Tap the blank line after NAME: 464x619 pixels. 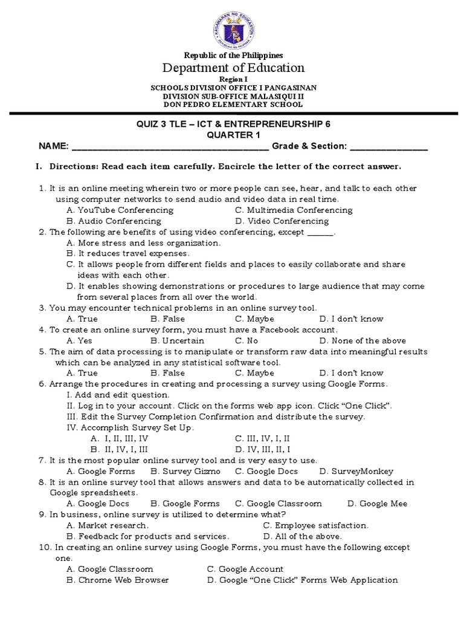point(170,146)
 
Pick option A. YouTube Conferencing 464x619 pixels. point(120,210)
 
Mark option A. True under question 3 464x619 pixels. point(82,319)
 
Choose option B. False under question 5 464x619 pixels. point(168,374)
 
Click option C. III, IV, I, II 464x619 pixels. point(263,439)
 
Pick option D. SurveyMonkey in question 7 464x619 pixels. point(356,472)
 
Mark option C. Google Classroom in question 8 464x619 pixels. point(279,504)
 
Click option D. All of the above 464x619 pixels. point(303,537)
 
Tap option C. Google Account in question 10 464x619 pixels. point(245,569)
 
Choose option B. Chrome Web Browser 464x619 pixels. point(118,580)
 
